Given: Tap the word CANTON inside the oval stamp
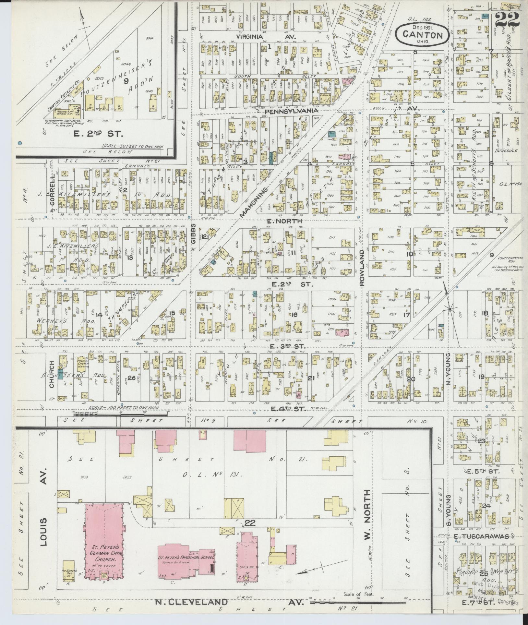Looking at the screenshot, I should point(422,35).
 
